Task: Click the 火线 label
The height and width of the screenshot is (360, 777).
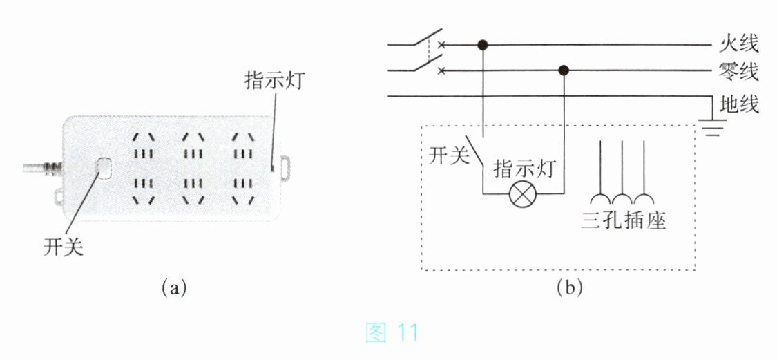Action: click(739, 44)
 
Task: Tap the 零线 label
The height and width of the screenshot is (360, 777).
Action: click(739, 72)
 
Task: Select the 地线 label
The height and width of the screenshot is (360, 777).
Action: click(739, 104)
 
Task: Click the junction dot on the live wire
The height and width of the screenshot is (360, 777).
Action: click(483, 45)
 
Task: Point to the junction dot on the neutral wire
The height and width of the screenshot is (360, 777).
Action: click(563, 71)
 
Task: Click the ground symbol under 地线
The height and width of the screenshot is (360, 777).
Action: click(712, 127)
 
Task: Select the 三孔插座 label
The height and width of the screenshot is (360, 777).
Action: click(624, 220)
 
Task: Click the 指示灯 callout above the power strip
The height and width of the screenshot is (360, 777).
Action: click(274, 80)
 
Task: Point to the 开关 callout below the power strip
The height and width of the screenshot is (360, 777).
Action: click(63, 247)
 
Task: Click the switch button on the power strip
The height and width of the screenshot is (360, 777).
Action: click(104, 168)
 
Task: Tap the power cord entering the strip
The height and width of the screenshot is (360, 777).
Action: click(43, 168)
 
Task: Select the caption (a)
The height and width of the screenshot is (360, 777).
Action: click(173, 287)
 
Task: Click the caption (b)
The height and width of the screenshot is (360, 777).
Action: click(569, 287)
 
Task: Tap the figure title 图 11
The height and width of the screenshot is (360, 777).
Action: click(392, 333)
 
